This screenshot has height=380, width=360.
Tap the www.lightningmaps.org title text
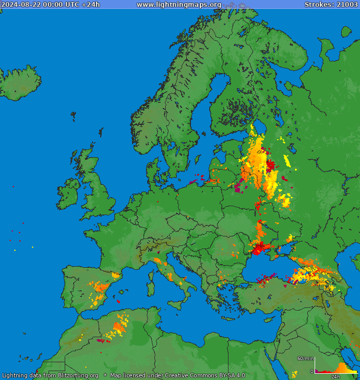pyautogui.click(x=178, y=5)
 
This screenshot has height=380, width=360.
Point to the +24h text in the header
pyautogui.click(x=90, y=5)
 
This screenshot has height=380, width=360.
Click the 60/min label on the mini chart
pyautogui.click(x=305, y=359)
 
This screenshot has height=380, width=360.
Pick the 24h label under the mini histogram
pyautogui.click(x=335, y=376)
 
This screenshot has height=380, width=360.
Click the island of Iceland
pyautogui.click(x=21, y=84)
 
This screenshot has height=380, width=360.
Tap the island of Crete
pyautogui.click(x=228, y=318)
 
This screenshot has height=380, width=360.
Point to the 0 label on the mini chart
pyautogui.click(x=311, y=372)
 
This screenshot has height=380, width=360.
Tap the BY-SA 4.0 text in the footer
pyautogui.click(x=232, y=375)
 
